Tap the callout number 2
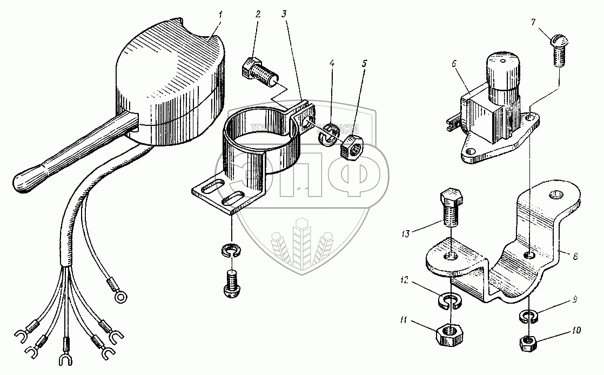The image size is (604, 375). pyautogui.click(x=258, y=14)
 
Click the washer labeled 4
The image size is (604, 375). pyautogui.click(x=327, y=135)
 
